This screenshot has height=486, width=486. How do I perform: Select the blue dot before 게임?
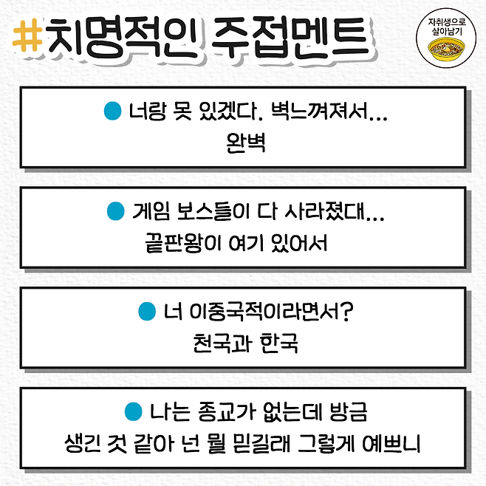click(114, 212)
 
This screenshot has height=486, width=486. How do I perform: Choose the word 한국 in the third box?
click(279, 343)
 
